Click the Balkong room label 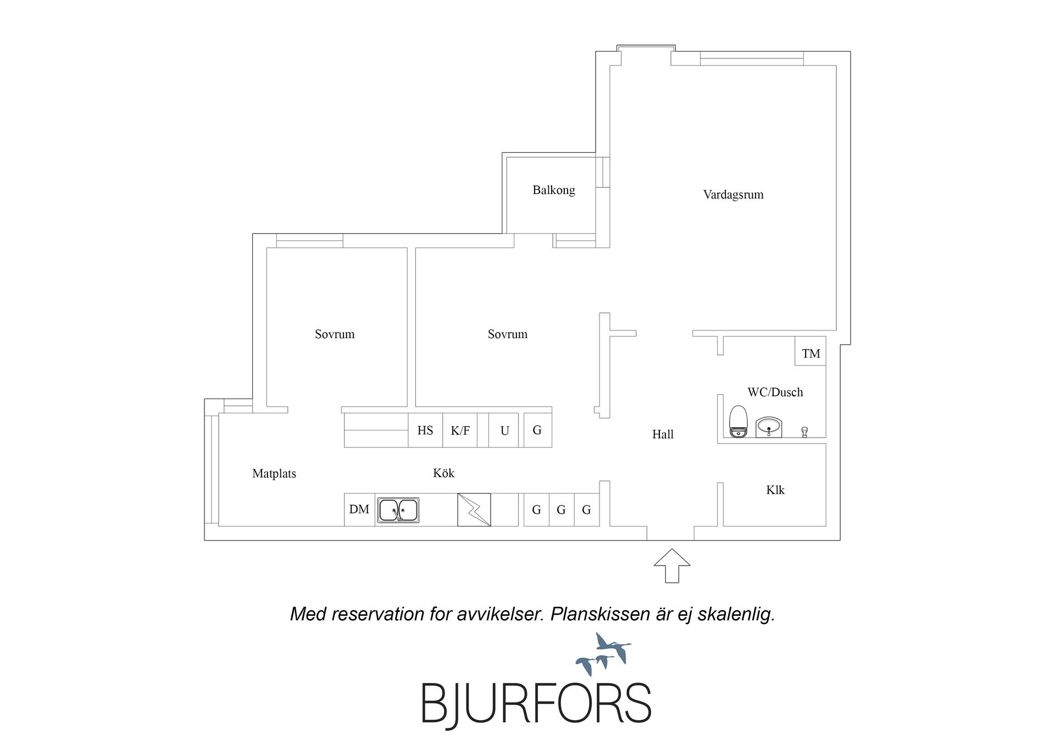click(x=553, y=190)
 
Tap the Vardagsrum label click(x=733, y=195)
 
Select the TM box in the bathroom click(x=810, y=351)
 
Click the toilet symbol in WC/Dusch click(x=738, y=422)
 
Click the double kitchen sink click(x=398, y=510)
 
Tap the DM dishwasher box click(x=359, y=510)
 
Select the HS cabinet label click(x=425, y=430)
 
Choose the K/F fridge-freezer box click(x=460, y=430)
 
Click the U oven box click(x=504, y=430)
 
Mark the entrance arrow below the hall click(x=671, y=566)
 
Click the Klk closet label click(x=775, y=490)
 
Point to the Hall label click(x=663, y=434)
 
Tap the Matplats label click(x=274, y=474)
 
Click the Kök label click(x=443, y=473)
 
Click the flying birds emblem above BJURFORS click(x=603, y=654)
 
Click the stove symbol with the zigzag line click(x=474, y=510)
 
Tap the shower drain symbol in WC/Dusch click(x=804, y=432)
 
